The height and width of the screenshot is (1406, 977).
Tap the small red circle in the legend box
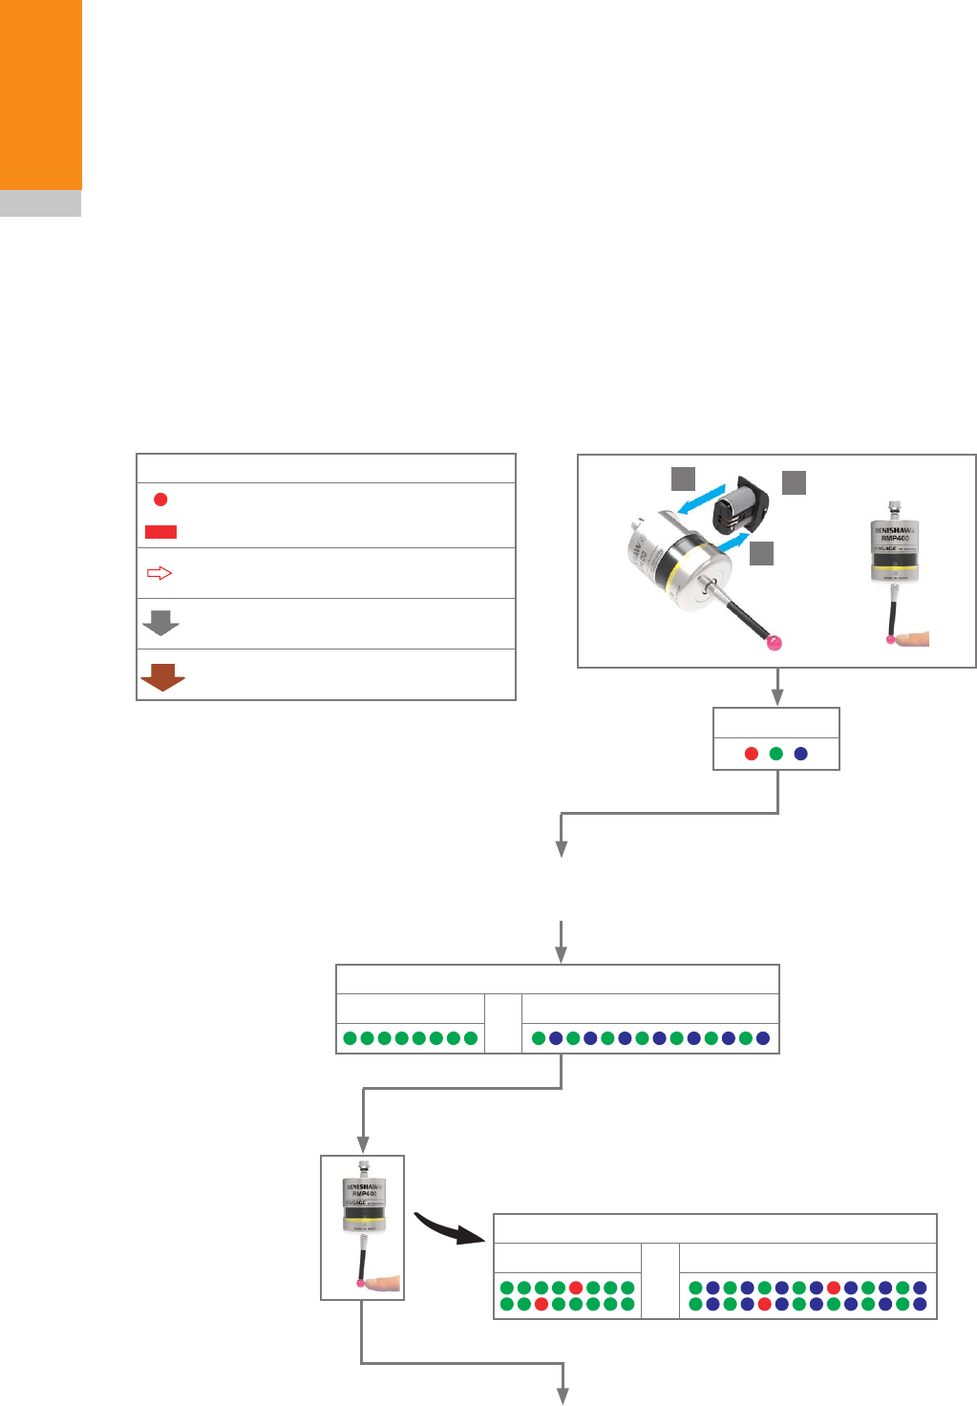pyautogui.click(x=160, y=500)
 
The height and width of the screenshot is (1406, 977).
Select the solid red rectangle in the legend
pyautogui.click(x=160, y=531)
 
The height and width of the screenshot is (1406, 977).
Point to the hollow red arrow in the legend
pyautogui.click(x=159, y=573)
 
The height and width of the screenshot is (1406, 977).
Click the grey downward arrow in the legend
pyautogui.click(x=160, y=624)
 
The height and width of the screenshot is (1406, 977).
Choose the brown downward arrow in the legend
pyautogui.click(x=162, y=675)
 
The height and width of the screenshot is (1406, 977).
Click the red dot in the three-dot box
pyautogui.click(x=752, y=754)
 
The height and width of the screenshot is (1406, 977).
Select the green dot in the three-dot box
pyautogui.click(x=776, y=754)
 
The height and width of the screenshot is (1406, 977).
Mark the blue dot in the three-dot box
pyautogui.click(x=801, y=754)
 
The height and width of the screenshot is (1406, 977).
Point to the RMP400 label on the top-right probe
pyautogui.click(x=894, y=537)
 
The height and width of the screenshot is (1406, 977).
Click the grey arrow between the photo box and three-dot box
pyautogui.click(x=778, y=687)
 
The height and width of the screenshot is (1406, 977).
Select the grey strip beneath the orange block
pyautogui.click(x=40, y=203)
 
